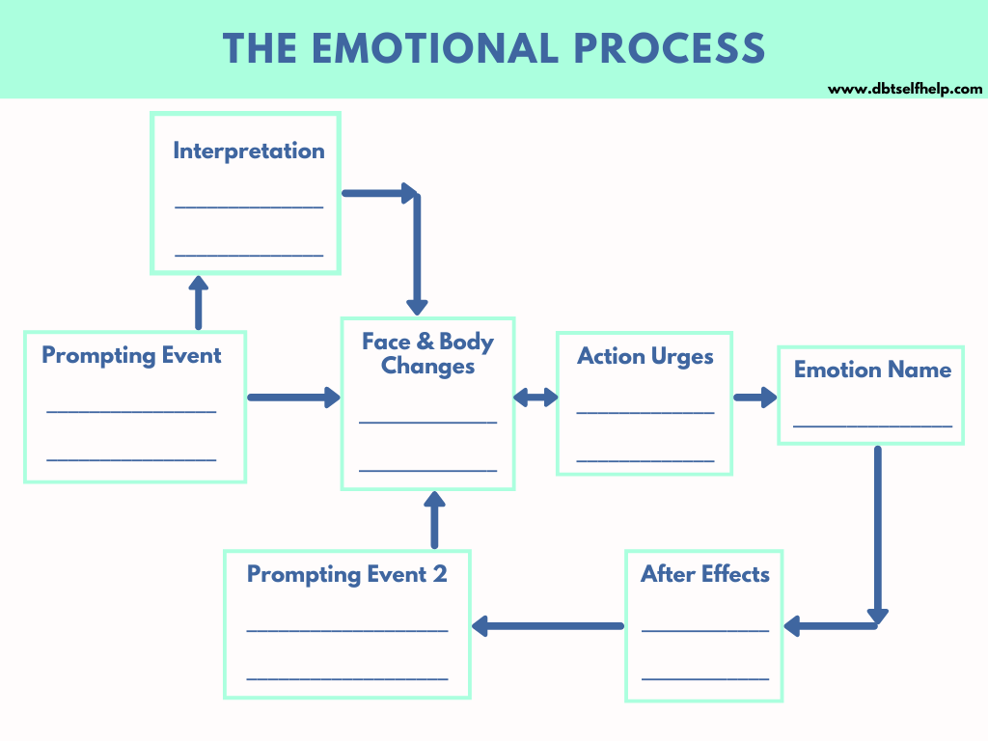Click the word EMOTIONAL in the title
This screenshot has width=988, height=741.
coord(435,48)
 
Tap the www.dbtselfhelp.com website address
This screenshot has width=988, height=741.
coord(905,89)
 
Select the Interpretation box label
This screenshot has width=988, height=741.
coord(249,151)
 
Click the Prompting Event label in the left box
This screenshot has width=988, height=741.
coord(131,355)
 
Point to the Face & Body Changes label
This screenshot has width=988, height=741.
coord(427,353)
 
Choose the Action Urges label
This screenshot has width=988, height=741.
coord(645,357)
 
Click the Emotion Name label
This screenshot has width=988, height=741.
coord(872,370)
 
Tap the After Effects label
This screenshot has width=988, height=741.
coord(705,574)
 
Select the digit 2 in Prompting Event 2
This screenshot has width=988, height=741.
coord(440,574)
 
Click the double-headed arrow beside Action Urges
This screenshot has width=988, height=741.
coord(535,397)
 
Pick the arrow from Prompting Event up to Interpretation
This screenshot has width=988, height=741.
coord(199,302)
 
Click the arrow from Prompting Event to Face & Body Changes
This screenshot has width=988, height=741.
coord(294,397)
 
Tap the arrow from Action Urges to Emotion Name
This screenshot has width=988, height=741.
coord(755,397)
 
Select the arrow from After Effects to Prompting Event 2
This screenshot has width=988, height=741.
coord(548,625)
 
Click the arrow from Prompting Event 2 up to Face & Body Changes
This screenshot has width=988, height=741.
coord(434,520)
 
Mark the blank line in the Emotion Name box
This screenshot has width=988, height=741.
coord(872,426)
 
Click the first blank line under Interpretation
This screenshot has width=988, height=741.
coord(249,206)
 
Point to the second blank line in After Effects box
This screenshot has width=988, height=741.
coord(705,678)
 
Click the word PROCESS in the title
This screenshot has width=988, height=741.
coord(670,48)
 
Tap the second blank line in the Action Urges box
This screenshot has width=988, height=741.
coord(645,460)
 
